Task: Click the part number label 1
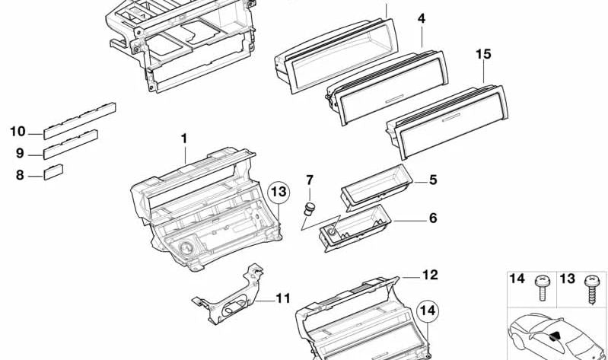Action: coord(183,139)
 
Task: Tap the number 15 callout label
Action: coord(483,54)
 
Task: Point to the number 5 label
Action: coord(432,180)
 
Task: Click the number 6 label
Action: coord(432,218)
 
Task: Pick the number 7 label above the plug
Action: coord(310,180)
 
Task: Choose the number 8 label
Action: coord(20,175)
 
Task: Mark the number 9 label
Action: coord(20,153)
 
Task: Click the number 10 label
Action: coord(18,132)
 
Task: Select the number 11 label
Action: coord(282,298)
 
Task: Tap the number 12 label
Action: coord(430,275)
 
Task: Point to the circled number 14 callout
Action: coord(428,311)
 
